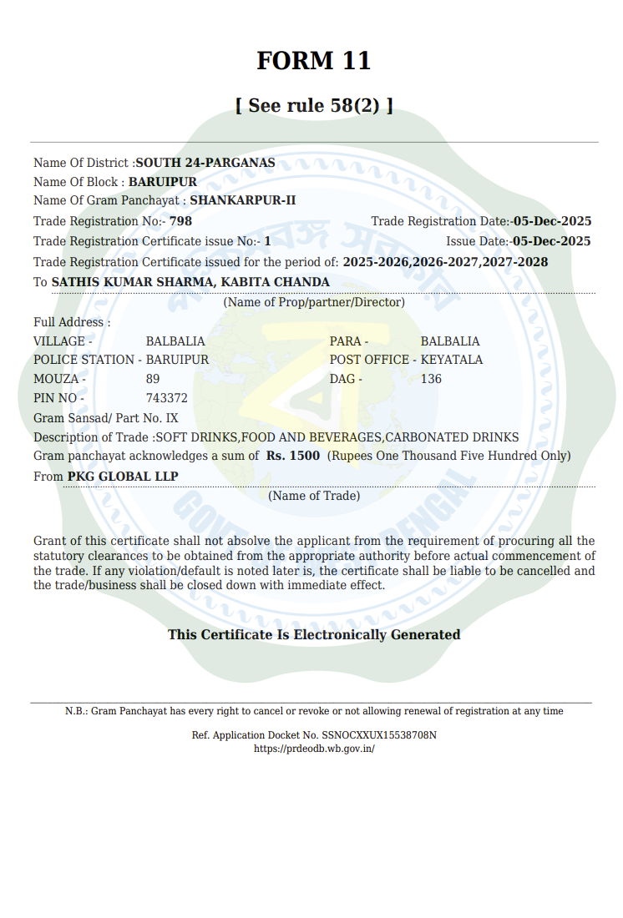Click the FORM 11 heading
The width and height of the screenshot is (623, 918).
tap(313, 61)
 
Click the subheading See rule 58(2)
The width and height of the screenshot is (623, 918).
tap(313, 106)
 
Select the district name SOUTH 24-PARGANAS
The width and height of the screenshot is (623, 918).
tap(205, 163)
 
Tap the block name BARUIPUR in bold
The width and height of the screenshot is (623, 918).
tap(163, 182)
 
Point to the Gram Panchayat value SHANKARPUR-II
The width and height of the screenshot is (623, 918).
tap(243, 200)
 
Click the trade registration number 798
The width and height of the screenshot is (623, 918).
tap(180, 221)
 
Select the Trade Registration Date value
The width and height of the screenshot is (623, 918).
tap(552, 221)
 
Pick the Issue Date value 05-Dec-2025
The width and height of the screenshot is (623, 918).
tap(551, 241)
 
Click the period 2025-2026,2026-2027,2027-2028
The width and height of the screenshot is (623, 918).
tap(445, 262)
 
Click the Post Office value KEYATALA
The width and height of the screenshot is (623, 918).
tap(451, 360)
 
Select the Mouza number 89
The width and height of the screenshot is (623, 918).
tap(153, 379)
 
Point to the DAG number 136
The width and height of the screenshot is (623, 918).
tap(431, 379)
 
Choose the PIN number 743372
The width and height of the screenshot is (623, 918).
tap(167, 398)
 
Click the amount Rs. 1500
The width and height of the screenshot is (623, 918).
tap(293, 456)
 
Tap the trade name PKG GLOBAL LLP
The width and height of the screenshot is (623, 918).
tap(123, 477)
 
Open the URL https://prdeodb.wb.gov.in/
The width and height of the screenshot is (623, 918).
tap(314, 749)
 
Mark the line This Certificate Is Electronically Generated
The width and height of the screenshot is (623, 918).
tap(314, 634)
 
